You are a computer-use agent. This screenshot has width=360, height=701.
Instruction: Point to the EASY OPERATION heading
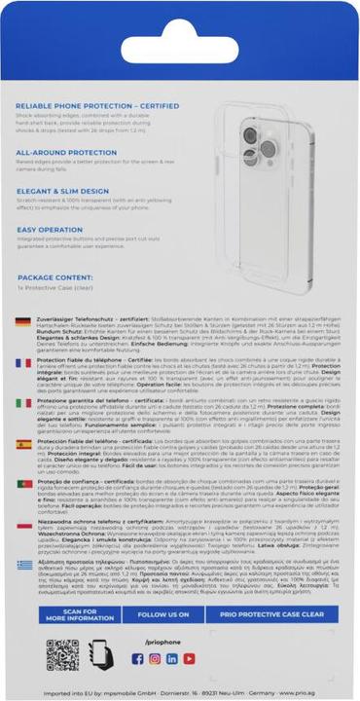[x=51, y=230]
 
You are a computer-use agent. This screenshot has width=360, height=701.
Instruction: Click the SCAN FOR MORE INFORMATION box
[x=63, y=614]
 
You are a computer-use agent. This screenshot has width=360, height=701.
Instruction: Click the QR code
[x=62, y=656]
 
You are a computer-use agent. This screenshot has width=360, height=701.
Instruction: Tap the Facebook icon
[x=137, y=659]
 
